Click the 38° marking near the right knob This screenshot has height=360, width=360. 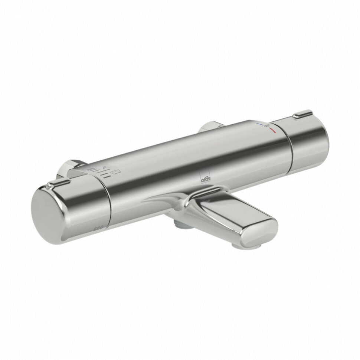pyautogui.click(x=266, y=127)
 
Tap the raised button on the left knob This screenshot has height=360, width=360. pyautogui.click(x=59, y=183)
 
